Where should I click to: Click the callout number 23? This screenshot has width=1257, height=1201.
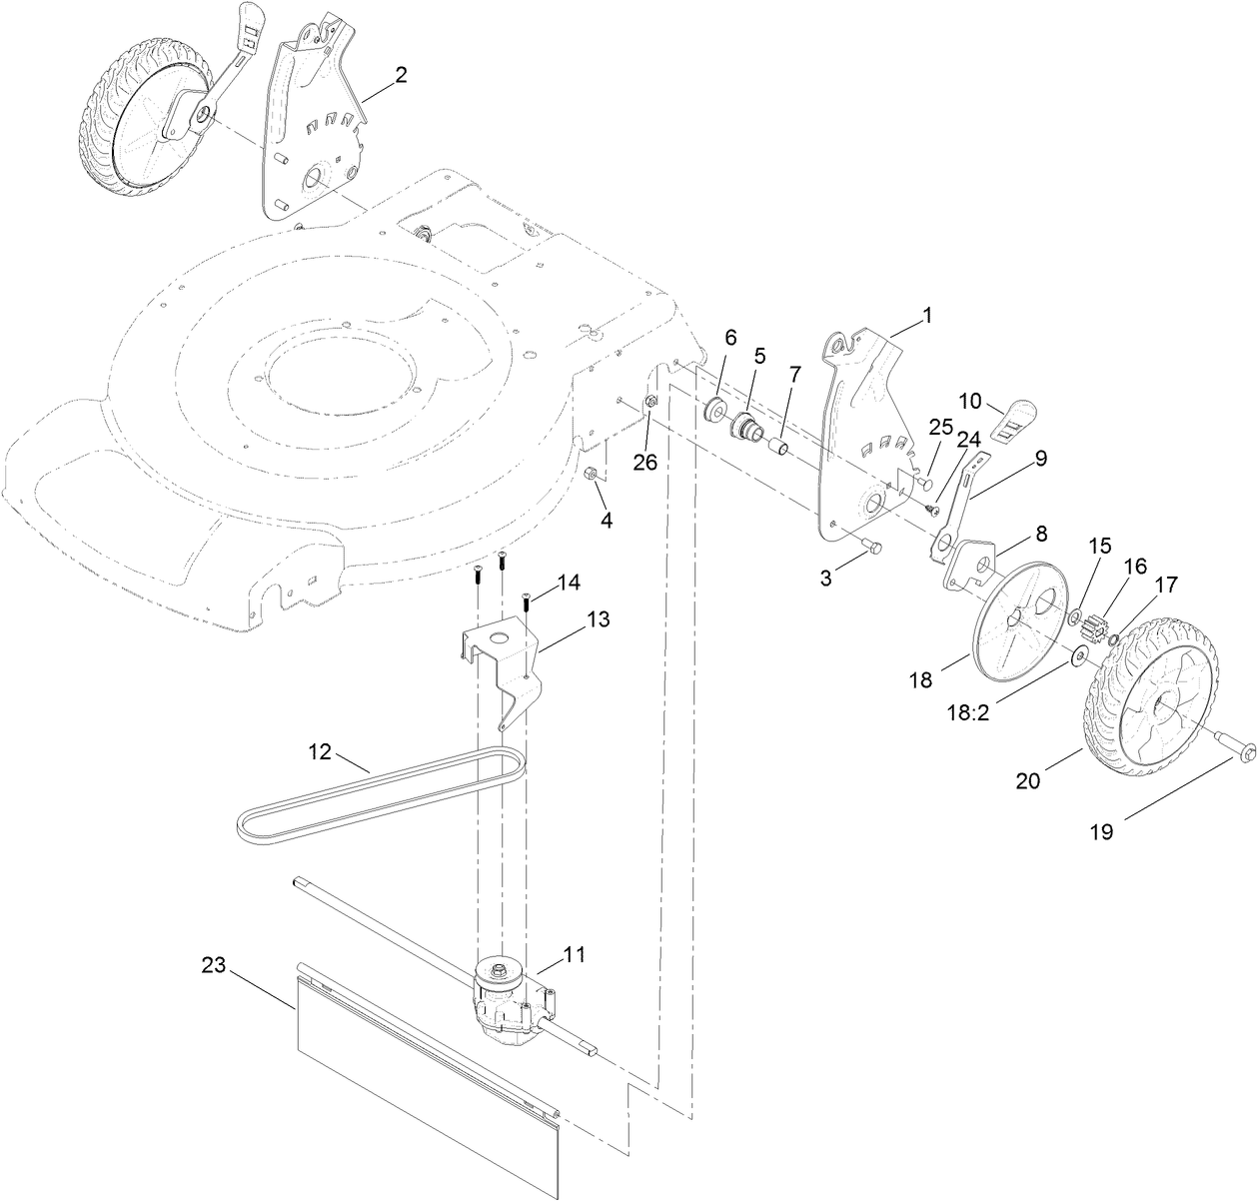coord(214,965)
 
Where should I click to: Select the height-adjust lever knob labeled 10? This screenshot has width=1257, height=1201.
coord(1017,418)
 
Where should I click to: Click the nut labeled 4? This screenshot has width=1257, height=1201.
coord(592,475)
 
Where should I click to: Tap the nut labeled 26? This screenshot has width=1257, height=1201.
coord(650,402)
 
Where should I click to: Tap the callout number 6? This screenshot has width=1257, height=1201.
coord(730,338)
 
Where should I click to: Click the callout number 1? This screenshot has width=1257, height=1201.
coord(926,315)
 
